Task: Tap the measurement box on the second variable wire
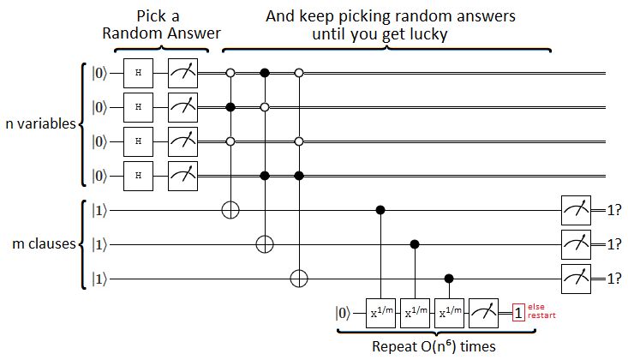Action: coord(182,108)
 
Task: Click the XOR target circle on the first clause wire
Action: coord(230,209)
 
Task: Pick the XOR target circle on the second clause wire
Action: coord(265,244)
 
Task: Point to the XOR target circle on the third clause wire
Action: coord(299,279)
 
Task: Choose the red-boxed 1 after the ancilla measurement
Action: coord(518,312)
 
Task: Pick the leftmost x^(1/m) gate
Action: coord(380,312)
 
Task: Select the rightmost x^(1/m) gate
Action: coord(447,312)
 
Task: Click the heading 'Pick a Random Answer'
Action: coord(161,25)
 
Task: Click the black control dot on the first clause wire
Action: coord(380,209)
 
